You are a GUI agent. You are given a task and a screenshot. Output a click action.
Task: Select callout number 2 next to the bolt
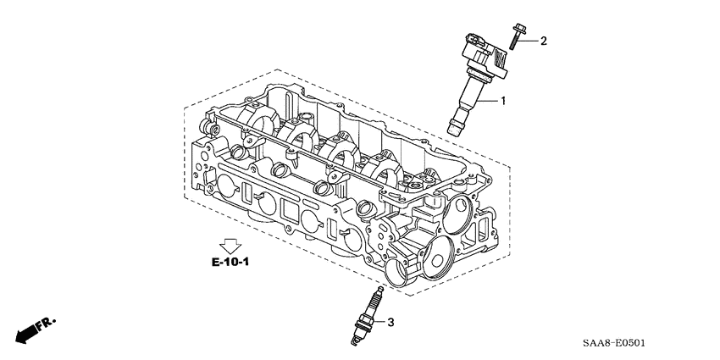(543, 41)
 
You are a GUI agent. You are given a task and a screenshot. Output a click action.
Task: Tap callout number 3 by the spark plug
(390, 322)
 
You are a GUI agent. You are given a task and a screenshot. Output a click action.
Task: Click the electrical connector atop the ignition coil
(475, 40)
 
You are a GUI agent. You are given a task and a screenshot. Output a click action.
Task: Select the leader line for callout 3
(379, 322)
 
